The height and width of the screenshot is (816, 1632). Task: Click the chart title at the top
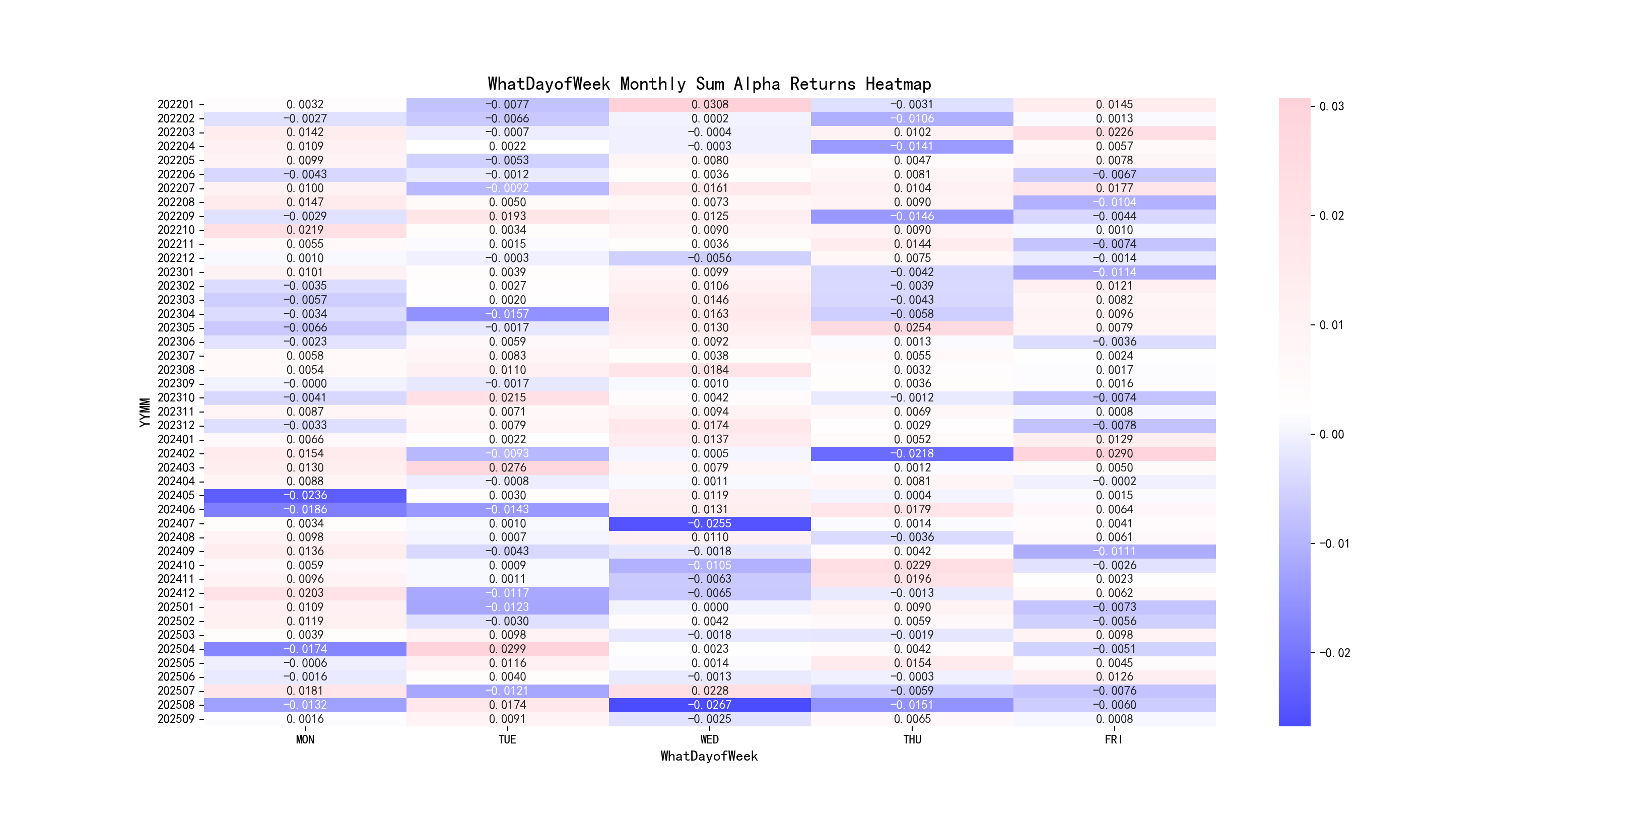pyautogui.click(x=709, y=84)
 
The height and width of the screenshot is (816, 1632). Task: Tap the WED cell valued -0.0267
pyautogui.click(x=710, y=705)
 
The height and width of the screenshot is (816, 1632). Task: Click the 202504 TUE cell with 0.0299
pyautogui.click(x=507, y=649)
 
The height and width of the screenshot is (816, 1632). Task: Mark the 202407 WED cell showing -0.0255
pyautogui.click(x=710, y=523)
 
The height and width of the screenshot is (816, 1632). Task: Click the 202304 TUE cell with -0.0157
pyautogui.click(x=507, y=314)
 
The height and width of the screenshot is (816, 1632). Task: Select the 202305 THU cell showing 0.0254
pyautogui.click(x=912, y=327)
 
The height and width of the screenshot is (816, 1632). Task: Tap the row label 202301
pyautogui.click(x=176, y=272)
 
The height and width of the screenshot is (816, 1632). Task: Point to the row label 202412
pyautogui.click(x=176, y=593)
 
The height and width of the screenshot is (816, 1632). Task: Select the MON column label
pyautogui.click(x=305, y=739)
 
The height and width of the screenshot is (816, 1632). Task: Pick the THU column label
pyautogui.click(x=912, y=739)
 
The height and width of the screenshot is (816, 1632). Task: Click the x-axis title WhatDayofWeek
pyautogui.click(x=709, y=756)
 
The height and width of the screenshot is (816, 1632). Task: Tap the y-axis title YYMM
pyautogui.click(x=145, y=412)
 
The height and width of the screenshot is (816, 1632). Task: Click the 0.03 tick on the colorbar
pyautogui.click(x=1331, y=106)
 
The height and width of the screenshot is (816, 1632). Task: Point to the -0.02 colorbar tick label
pyautogui.click(x=1334, y=653)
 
